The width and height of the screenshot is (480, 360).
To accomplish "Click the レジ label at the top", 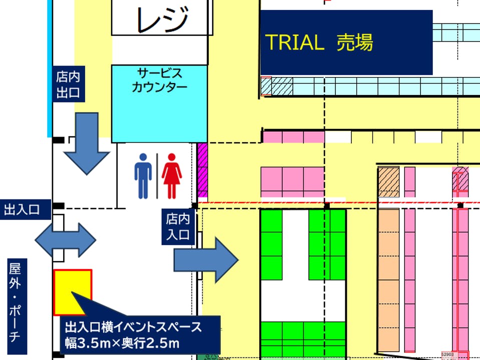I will pyautogui.click(x=159, y=18).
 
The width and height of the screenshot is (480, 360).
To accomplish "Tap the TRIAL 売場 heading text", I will pyautogui.click(x=318, y=42).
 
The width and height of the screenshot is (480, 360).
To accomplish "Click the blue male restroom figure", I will pyautogui.click(x=143, y=175).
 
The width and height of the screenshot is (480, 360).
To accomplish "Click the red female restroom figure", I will pyautogui.click(x=172, y=175).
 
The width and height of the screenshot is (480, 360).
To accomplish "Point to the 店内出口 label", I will pyautogui.click(x=68, y=85).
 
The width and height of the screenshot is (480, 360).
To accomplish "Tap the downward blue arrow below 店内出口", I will pyautogui.click(x=86, y=143).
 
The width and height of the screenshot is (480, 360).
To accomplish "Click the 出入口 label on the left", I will pyautogui.click(x=22, y=209).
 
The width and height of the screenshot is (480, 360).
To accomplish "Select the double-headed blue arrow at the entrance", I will pyautogui.click(x=65, y=240).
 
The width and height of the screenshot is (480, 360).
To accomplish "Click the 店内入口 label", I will pyautogui.click(x=178, y=226).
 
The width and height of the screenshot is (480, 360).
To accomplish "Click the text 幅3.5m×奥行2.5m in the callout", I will pyautogui.click(x=122, y=343).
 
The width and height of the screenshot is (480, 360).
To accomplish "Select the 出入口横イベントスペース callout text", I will pyautogui.click(x=133, y=328).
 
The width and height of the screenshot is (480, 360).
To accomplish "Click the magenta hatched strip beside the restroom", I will pyautogui.click(x=202, y=170).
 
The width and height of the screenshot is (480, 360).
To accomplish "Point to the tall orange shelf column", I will pyautogui.click(x=388, y=280).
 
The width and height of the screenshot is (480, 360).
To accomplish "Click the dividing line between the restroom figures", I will pyautogui.click(x=158, y=175).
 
